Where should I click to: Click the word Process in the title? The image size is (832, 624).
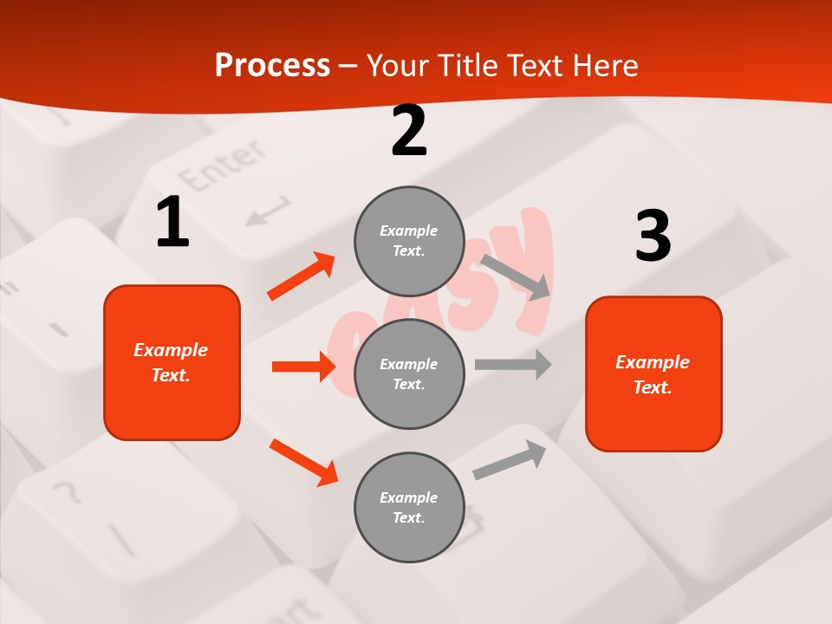pos(272,66)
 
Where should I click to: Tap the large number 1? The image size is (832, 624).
pos(172,223)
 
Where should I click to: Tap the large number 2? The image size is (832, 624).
pos(409,131)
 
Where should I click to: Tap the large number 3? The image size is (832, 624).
pos(653,237)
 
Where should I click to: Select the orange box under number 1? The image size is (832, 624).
pos(172,362)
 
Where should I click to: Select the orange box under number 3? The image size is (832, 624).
pos(653,374)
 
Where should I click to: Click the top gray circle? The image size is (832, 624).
pos(409,241)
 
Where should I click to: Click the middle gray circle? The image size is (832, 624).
pos(409,374)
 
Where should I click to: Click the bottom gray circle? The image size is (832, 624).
pos(409,507)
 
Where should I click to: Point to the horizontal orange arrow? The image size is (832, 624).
pos(303,367)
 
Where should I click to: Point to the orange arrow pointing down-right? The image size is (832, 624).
pos(303,462)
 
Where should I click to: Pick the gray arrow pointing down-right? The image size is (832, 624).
pos(517,276)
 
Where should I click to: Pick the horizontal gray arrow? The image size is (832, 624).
pos(513,364)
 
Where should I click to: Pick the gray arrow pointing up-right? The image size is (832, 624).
pos(510,459)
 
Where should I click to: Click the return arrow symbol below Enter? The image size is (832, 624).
pos(267,211)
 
